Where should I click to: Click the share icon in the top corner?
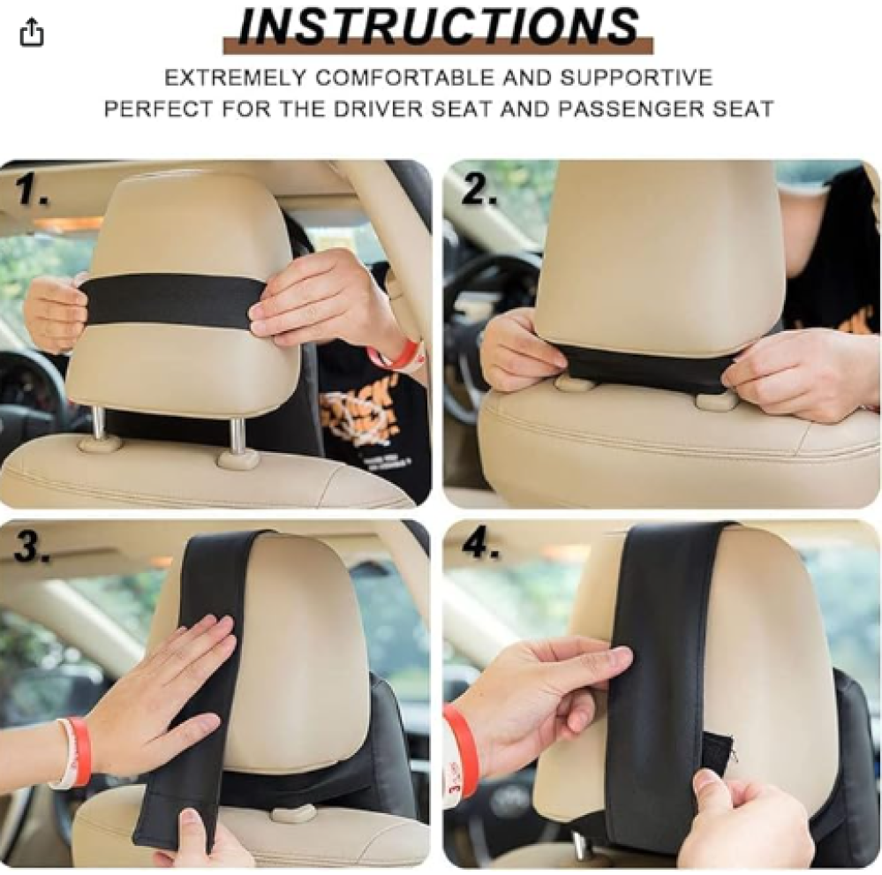coord(32,32)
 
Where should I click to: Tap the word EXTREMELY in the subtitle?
coord(234,77)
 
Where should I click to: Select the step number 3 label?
coord(32,547)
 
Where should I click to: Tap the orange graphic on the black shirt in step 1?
coord(360,417)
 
